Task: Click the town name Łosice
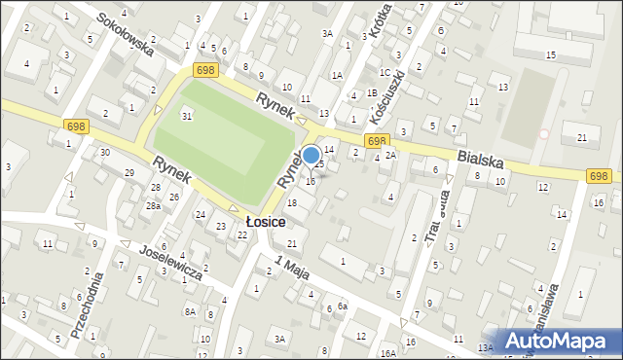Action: [x=266, y=222]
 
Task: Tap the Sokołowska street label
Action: [x=125, y=34]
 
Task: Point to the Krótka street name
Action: [x=380, y=19]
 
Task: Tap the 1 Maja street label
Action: [x=292, y=267]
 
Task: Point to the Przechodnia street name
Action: [x=87, y=305]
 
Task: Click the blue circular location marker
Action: [x=311, y=155]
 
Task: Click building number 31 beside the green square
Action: [x=186, y=117]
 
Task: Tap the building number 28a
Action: [x=153, y=206]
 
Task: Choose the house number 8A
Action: [x=190, y=311]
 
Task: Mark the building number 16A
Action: [x=388, y=353]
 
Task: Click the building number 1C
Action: [x=385, y=73]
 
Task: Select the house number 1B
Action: [x=372, y=92]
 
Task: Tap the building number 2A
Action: [x=390, y=155]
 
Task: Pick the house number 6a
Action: [x=343, y=306]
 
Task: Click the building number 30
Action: [x=104, y=153]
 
